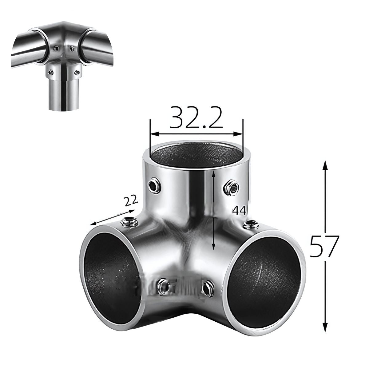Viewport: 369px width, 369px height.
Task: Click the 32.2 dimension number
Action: (x=196, y=118)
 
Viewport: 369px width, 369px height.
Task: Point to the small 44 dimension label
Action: (x=239, y=211)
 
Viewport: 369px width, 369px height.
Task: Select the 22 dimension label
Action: (x=132, y=201)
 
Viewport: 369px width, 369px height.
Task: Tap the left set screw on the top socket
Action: (x=153, y=186)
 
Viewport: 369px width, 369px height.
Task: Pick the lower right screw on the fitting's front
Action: (x=205, y=288)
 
